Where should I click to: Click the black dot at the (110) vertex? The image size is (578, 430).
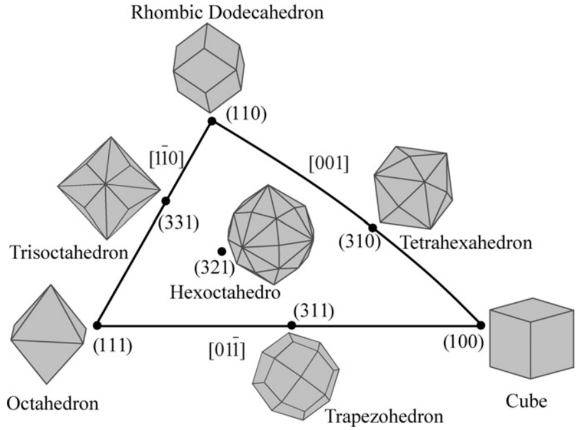tap(212, 120)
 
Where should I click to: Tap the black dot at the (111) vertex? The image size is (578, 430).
tap(97, 325)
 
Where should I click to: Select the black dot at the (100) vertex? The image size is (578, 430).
tap(480, 325)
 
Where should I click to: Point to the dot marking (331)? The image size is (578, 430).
tap(165, 201)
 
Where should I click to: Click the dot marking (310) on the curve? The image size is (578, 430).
tap(373, 228)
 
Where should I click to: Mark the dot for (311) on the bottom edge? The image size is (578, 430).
tap(291, 325)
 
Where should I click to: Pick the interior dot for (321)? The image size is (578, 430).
tap(222, 251)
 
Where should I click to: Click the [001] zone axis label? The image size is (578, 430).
tap(329, 163)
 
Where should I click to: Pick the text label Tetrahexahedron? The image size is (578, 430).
tap(466, 243)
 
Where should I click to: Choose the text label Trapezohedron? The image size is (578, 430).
tap(383, 417)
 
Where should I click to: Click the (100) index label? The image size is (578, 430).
tap(463, 343)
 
